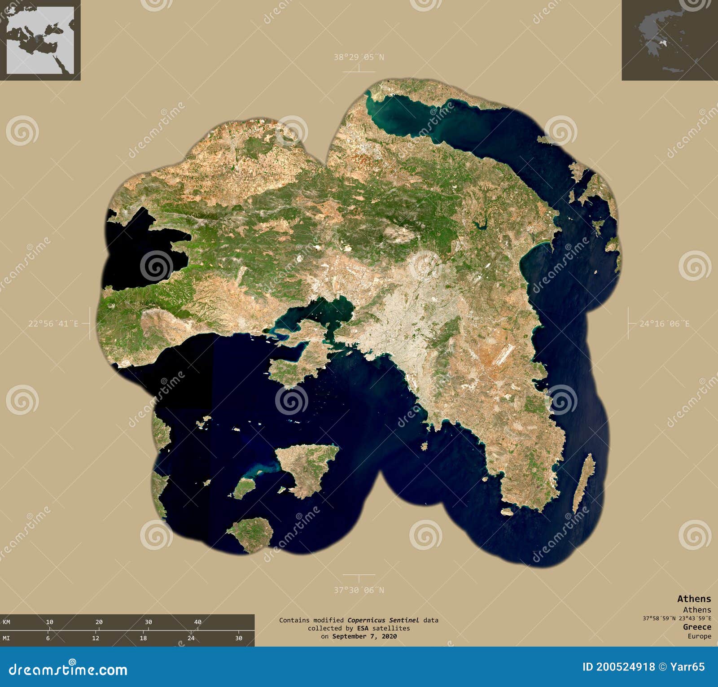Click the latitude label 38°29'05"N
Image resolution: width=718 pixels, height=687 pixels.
[x=359, y=57]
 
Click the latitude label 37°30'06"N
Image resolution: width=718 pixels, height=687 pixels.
[x=359, y=590]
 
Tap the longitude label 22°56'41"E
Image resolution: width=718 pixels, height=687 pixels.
[x=53, y=324]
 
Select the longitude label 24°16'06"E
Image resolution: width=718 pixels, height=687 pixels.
[x=664, y=324]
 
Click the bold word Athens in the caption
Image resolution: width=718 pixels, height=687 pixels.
[x=694, y=599]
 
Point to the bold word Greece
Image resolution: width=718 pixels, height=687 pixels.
[x=697, y=627]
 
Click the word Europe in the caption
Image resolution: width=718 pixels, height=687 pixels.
[x=699, y=636]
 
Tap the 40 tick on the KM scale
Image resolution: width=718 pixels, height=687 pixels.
[x=197, y=622]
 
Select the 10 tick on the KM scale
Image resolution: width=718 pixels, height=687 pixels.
[x=49, y=622]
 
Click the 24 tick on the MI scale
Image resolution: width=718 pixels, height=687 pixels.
[x=191, y=638]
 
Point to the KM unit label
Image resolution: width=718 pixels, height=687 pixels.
[x=7, y=622]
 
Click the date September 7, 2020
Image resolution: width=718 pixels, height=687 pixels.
[x=364, y=636]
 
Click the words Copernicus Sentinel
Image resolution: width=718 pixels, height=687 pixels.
[x=383, y=620]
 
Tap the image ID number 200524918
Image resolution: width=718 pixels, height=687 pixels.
[x=626, y=667]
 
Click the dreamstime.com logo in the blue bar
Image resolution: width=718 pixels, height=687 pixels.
[x=68, y=669]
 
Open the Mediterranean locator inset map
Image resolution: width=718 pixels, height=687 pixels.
[x=40, y=40]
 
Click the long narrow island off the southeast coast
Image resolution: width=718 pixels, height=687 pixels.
[x=583, y=483]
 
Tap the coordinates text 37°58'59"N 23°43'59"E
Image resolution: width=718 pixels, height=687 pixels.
[x=676, y=618]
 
